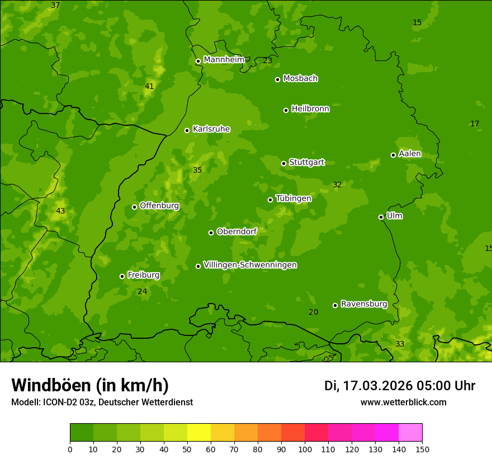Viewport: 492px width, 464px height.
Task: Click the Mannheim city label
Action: pyautogui.click(x=224, y=60)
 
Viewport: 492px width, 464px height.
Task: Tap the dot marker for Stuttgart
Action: pyautogui.click(x=284, y=163)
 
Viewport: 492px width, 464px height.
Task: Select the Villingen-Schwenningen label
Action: pyautogui.click(x=250, y=265)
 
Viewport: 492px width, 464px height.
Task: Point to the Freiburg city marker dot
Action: pyautogui.click(x=122, y=276)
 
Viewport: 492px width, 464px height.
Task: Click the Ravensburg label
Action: pyautogui.click(x=364, y=304)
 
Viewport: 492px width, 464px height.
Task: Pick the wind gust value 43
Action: pyautogui.click(x=60, y=211)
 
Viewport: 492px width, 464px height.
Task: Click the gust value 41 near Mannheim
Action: pyautogui.click(x=149, y=86)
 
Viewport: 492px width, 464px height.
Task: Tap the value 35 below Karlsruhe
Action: pyautogui.click(x=197, y=170)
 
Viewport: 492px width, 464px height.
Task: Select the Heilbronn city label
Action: pyautogui.click(x=310, y=109)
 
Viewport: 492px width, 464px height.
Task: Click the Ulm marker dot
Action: pyautogui.click(x=381, y=217)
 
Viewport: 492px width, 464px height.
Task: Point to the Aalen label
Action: pyautogui.click(x=410, y=154)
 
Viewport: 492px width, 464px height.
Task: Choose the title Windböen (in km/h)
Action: pyautogui.click(x=90, y=385)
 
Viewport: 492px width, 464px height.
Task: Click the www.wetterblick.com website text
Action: pyautogui.click(x=404, y=402)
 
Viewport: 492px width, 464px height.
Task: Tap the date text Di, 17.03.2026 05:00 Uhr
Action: pyautogui.click(x=400, y=386)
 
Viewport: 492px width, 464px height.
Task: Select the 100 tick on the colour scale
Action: pyautogui.click(x=305, y=449)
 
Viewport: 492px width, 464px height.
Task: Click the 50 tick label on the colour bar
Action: pyautogui.click(x=187, y=449)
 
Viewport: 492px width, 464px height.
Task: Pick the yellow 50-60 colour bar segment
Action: pyautogui.click(x=199, y=433)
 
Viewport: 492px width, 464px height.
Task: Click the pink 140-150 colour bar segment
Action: pyautogui.click(x=410, y=433)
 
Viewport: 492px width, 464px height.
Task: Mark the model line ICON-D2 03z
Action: pyautogui.click(x=102, y=402)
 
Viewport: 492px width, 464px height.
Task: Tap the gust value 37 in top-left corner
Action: pyautogui.click(x=55, y=5)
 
